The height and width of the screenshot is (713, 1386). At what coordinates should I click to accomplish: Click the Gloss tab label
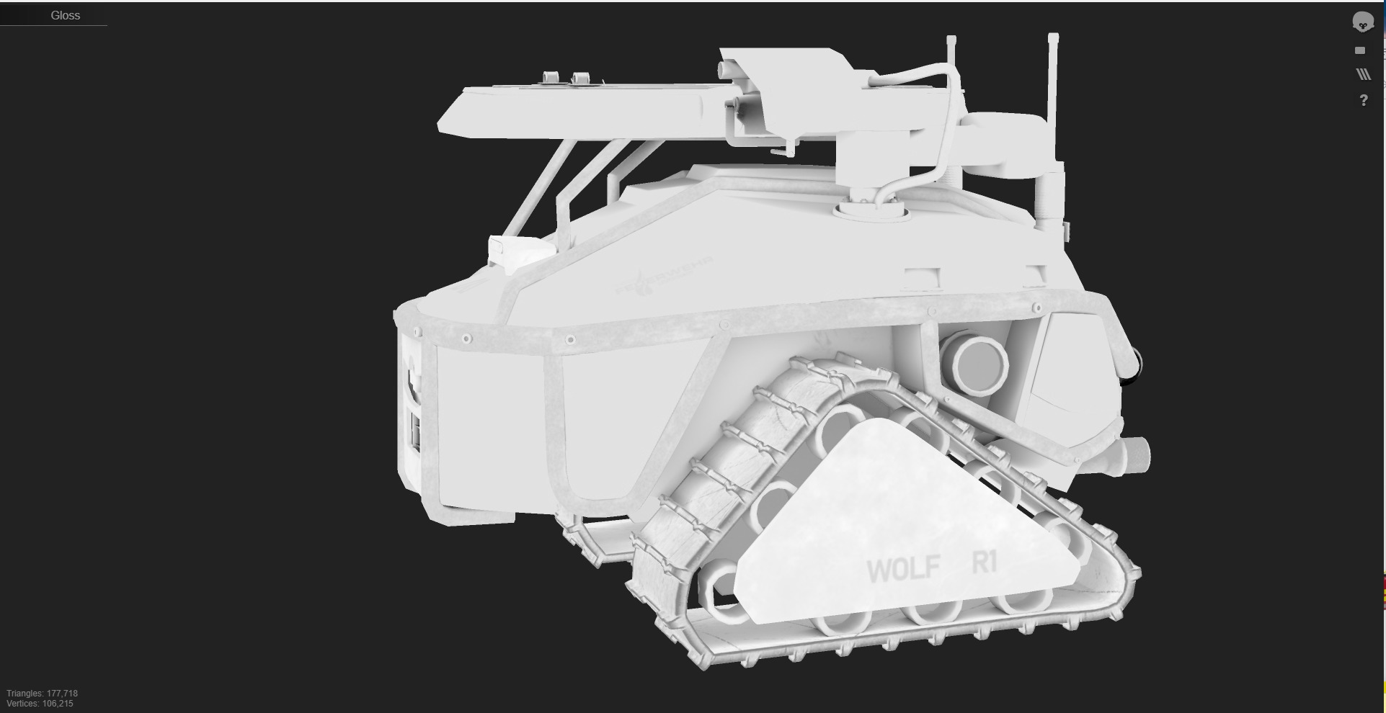coord(65,15)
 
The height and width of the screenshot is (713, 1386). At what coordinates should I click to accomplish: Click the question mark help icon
coord(1363,101)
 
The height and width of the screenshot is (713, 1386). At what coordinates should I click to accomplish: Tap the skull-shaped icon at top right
coord(1362,22)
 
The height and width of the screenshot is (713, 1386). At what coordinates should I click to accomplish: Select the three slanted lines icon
coord(1363,74)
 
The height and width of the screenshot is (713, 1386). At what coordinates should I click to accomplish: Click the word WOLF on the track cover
coord(903,569)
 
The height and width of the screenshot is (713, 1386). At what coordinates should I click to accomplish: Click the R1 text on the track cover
coord(985,562)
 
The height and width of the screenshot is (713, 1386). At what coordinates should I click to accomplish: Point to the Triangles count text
coord(42,693)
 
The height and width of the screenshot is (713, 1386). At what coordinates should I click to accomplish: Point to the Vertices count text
coord(40,704)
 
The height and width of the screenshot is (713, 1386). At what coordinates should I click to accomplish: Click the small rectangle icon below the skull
coord(1360,50)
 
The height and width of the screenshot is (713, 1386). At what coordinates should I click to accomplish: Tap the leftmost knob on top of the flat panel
coord(551,78)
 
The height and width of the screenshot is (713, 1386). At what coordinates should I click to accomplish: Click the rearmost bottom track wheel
coord(721,592)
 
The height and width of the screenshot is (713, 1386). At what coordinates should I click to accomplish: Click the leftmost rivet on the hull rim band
coord(418,332)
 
